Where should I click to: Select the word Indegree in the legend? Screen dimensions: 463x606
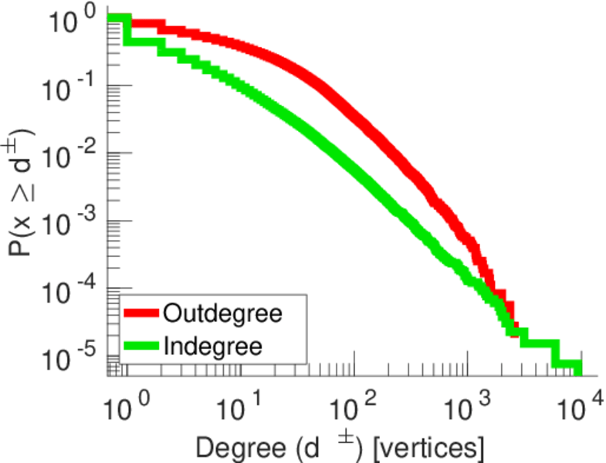pyautogui.click(x=213, y=346)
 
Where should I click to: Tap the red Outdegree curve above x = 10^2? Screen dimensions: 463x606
pyautogui.click(x=352, y=116)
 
